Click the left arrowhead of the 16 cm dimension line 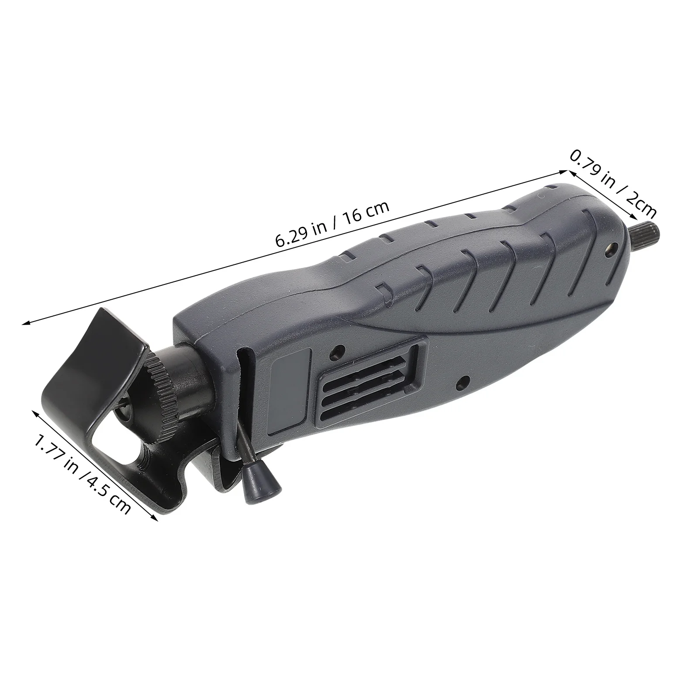[25, 323]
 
